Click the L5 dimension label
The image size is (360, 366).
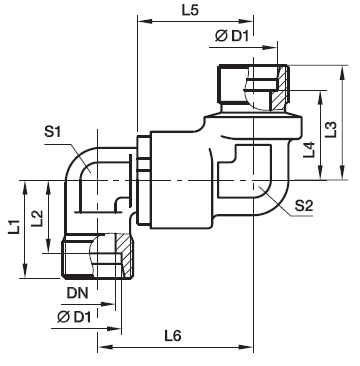point(190,10)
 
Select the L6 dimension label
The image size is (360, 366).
point(173,336)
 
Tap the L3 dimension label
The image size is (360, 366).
point(332,130)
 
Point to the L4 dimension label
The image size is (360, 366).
point(309,150)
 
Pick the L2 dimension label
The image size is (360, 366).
point(37,219)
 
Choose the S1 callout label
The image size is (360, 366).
point(53,132)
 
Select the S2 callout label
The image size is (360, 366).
point(304,206)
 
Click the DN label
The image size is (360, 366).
point(77,293)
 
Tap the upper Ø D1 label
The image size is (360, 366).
point(232,36)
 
